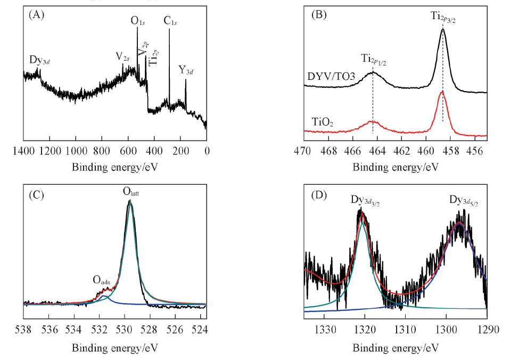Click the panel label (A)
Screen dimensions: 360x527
coord(36,15)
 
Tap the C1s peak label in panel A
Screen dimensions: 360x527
coord(170,22)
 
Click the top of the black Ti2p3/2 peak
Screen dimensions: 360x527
coord(443,30)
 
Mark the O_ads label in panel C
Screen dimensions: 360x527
coord(103,280)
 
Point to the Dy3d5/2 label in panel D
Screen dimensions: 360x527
coord(463,201)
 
